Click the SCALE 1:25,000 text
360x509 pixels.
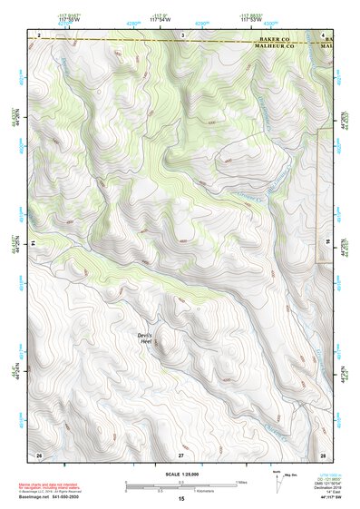(181, 475)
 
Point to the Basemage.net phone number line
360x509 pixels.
(49, 496)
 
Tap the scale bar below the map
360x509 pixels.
(181, 487)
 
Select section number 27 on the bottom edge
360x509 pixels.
(181, 454)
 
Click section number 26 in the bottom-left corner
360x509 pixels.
(39, 454)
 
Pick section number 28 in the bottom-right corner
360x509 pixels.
(322, 454)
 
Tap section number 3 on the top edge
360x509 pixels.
(182, 34)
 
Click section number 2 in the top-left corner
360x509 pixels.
(39, 34)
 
